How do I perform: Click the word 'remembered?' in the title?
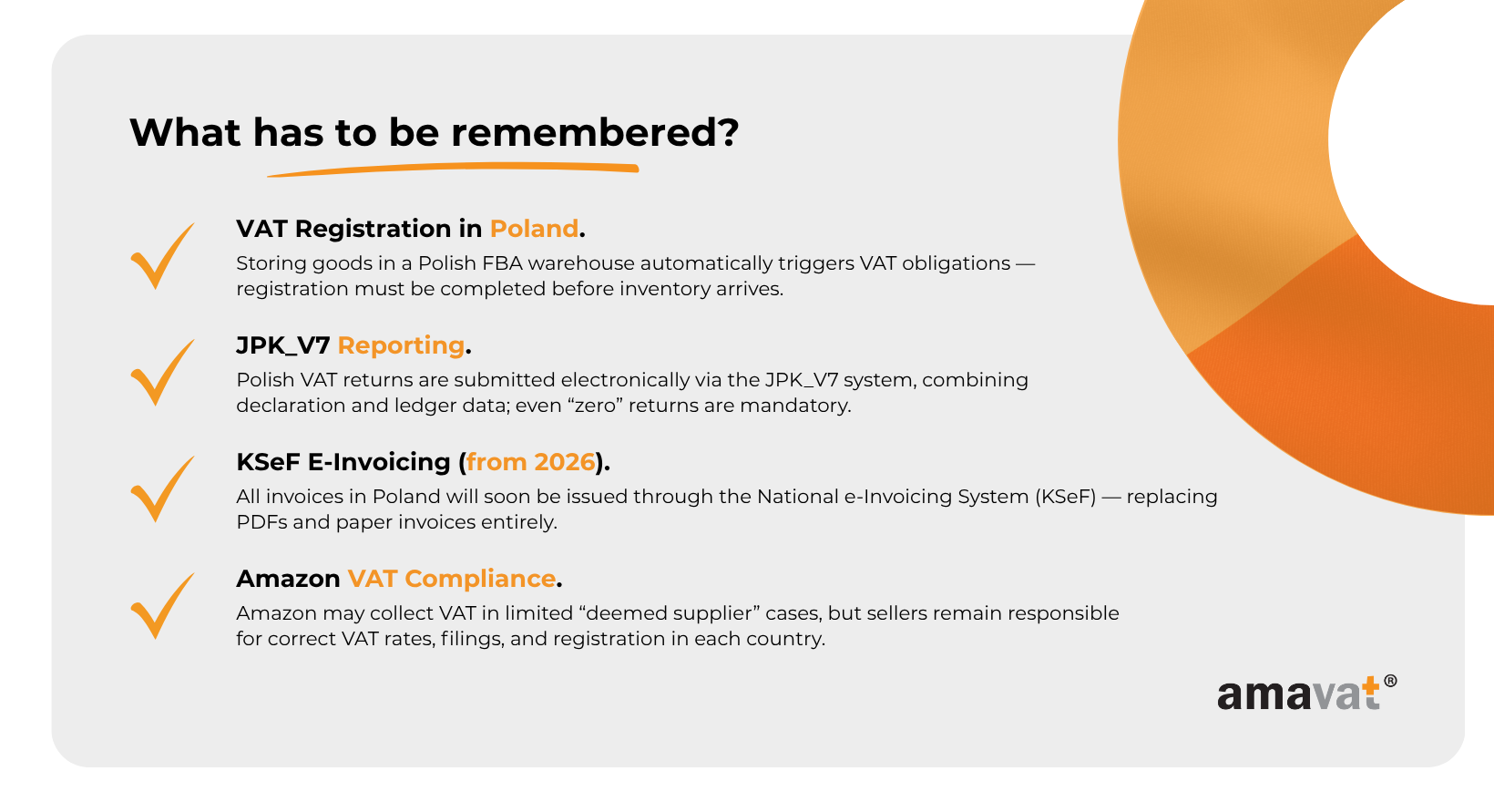595,132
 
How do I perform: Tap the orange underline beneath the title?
454,169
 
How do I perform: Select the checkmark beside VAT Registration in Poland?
162,256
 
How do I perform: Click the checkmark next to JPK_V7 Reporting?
162,373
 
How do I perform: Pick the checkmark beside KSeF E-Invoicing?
162,489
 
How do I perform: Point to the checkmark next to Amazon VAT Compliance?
162,606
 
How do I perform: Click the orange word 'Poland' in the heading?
534,229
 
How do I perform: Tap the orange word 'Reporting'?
401,345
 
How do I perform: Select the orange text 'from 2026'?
530,462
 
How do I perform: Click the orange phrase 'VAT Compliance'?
452,579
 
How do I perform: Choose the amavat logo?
1306,693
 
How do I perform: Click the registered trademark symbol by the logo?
1390,681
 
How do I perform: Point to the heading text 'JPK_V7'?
282,346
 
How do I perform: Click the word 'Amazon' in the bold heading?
288,579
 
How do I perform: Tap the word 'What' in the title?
185,132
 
